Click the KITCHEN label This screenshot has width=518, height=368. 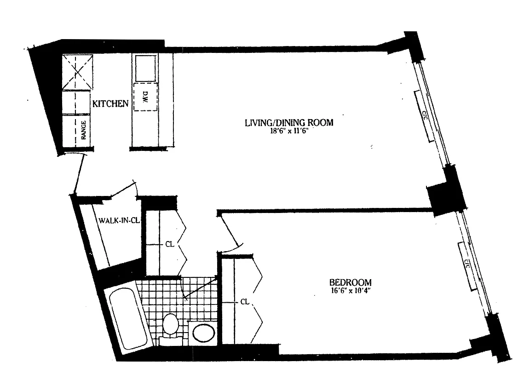(110, 103)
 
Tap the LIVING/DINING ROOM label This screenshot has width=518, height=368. (288, 123)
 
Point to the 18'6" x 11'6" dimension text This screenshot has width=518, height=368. (288, 131)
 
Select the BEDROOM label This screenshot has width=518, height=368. (350, 282)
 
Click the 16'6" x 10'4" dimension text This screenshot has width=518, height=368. (350, 290)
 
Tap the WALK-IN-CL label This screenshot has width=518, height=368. (119, 220)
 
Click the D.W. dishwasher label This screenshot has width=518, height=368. (144, 98)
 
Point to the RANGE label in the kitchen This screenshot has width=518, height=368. (84, 131)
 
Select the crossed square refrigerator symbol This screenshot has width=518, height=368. (76, 72)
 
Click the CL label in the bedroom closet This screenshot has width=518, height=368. (245, 302)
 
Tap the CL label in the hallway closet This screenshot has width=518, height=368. (169, 245)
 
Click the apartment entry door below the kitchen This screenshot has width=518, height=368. (79, 174)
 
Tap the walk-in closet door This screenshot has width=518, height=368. (123, 190)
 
